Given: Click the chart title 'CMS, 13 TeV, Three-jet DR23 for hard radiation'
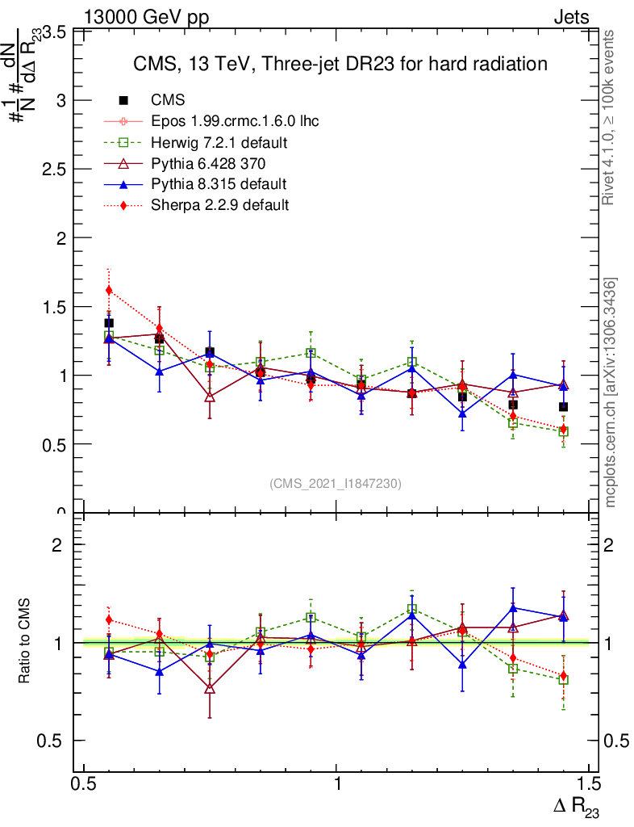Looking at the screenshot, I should click(x=340, y=64).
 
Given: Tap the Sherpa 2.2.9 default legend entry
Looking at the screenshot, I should click(x=220, y=205).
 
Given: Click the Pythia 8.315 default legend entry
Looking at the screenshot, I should click(x=219, y=184).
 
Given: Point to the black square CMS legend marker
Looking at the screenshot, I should click(x=123, y=100).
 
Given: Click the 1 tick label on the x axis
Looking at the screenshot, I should click(x=337, y=783).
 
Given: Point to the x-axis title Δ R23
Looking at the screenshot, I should click(x=575, y=806).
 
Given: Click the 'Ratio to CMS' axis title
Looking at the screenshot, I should click(x=26, y=641).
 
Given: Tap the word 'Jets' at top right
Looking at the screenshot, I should click(x=571, y=18).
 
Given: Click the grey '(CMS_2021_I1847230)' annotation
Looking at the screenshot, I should click(x=336, y=483).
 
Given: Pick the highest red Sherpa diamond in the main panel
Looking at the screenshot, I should click(x=109, y=290).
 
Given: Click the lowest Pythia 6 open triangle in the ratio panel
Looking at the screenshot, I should click(x=210, y=688).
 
